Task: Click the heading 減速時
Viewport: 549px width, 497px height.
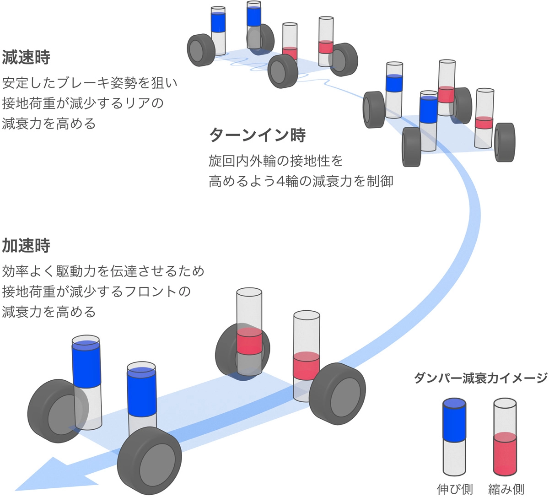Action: [26, 57]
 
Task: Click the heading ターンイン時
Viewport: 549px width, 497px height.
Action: [257, 135]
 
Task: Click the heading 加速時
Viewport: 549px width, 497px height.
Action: [26, 246]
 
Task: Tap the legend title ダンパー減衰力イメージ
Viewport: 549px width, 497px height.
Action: [480, 378]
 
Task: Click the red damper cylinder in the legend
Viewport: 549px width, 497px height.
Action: [506, 437]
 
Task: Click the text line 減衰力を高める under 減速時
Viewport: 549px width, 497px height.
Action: [49, 124]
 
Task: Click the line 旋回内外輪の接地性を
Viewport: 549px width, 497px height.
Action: [275, 161]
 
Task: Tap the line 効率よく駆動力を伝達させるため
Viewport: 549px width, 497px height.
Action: [103, 271]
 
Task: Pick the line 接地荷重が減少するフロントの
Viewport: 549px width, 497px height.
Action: [96, 292]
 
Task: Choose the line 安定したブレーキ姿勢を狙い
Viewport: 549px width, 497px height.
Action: [90, 83]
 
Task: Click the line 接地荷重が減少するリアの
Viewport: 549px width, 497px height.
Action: [83, 103]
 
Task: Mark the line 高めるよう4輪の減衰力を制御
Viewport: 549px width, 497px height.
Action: [301, 181]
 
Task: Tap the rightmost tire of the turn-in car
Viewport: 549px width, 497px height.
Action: [505, 142]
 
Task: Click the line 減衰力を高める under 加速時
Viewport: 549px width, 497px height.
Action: [49, 312]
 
